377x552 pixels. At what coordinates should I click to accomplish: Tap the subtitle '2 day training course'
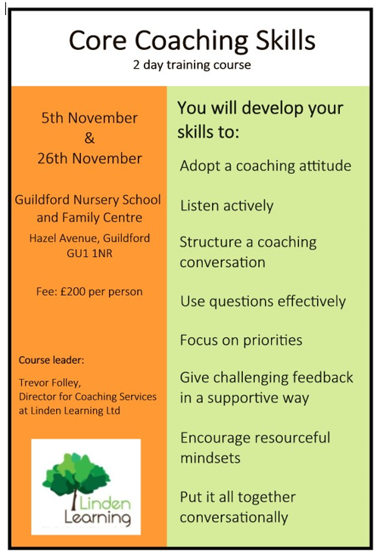point(192,65)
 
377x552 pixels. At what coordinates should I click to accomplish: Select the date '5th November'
point(89,118)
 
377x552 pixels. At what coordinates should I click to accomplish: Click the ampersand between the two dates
point(89,138)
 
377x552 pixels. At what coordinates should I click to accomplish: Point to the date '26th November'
point(89,159)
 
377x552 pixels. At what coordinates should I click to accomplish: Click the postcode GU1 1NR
point(89,253)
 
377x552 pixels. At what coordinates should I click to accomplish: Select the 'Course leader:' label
point(51,360)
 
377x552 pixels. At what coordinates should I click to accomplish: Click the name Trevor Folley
point(50,383)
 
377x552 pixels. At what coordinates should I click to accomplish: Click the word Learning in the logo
point(98,518)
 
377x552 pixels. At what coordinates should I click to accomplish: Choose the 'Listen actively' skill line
point(227,206)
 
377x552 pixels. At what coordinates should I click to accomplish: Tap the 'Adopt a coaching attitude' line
point(266,166)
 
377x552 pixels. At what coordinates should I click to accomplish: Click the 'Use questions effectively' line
point(263,302)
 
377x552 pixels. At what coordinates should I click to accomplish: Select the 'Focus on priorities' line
point(241,340)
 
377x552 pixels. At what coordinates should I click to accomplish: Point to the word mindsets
point(210,458)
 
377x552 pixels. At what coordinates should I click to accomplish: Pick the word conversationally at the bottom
point(234,517)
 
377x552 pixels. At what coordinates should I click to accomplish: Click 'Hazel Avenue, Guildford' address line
point(89,238)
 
